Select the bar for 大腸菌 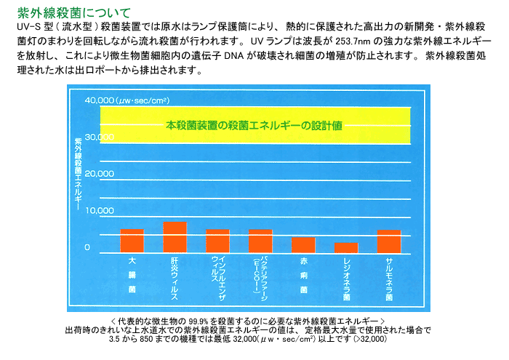pyautogui.click(x=132, y=240)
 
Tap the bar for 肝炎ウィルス pyautogui.click(x=175, y=236)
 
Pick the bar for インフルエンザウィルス pyautogui.click(x=217, y=240)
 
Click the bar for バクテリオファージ pyautogui.click(x=260, y=240)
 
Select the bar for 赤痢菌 pyautogui.click(x=303, y=244)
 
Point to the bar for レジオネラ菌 pyautogui.click(x=346, y=247)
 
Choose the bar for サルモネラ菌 pyautogui.click(x=389, y=240)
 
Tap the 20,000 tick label pyautogui.click(x=100, y=174)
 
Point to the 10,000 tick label pyautogui.click(x=100, y=211)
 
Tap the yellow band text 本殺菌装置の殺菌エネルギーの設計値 pyautogui.click(x=254, y=124)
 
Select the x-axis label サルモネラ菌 pyautogui.click(x=389, y=277)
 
